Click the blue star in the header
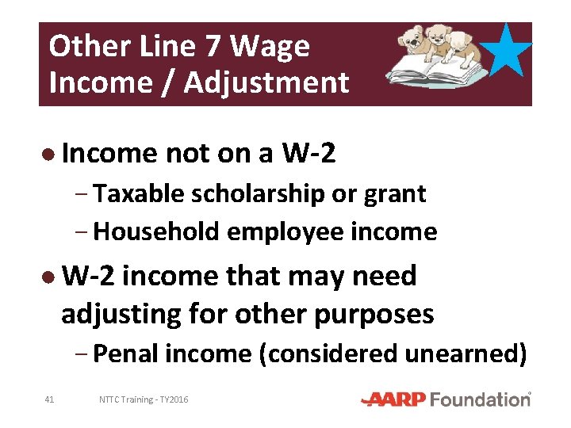pyautogui.click(x=506, y=51)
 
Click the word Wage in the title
pyautogui.click(x=272, y=47)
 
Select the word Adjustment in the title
pyautogui.click(x=266, y=82)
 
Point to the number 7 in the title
pyautogui.click(x=212, y=47)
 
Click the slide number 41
pyautogui.click(x=49, y=399)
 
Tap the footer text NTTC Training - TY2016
pyautogui.click(x=144, y=399)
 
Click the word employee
pyautogui.click(x=292, y=231)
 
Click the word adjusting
pyautogui.click(x=121, y=314)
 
